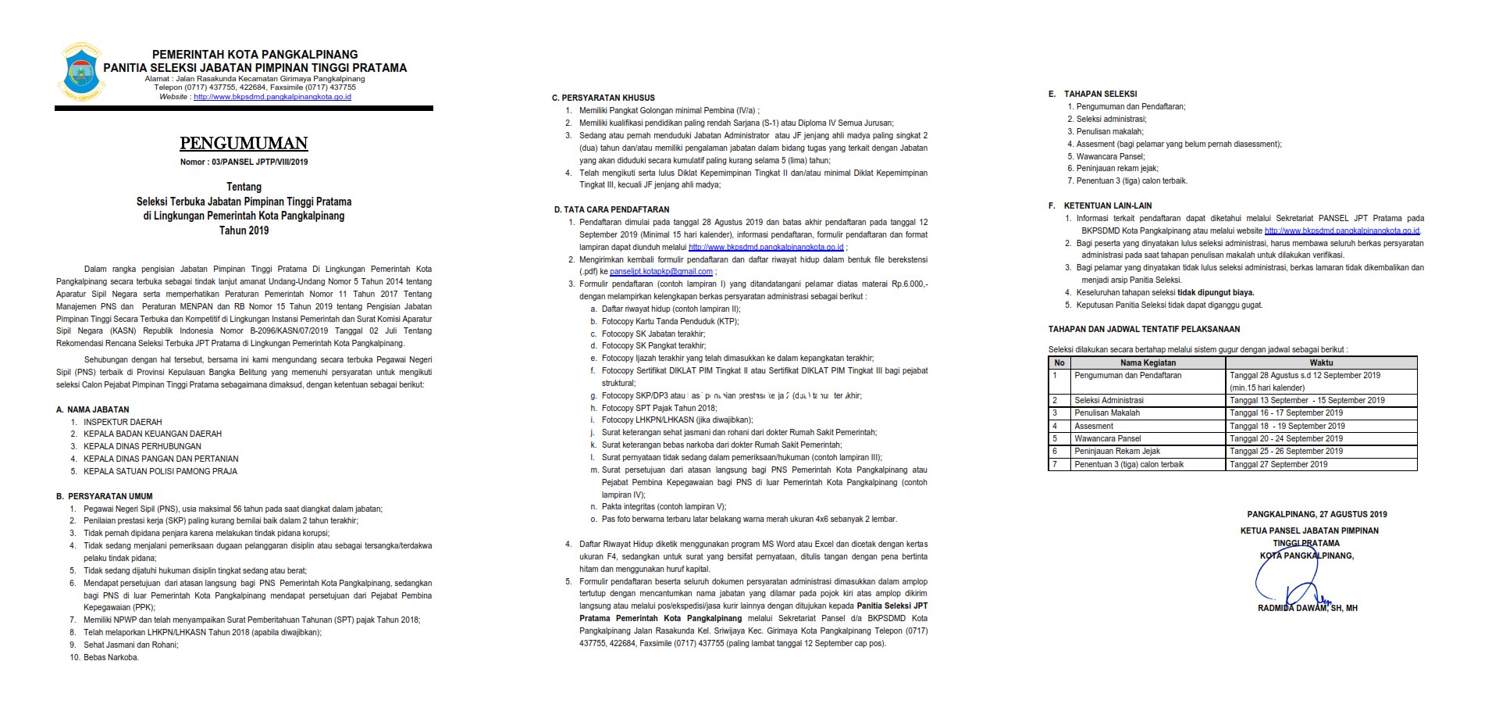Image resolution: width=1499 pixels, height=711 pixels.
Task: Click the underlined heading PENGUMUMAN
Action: point(244,144)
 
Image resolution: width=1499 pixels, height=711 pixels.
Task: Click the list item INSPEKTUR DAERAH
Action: point(123,422)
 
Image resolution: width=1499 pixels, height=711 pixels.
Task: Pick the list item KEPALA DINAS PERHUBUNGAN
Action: point(142,446)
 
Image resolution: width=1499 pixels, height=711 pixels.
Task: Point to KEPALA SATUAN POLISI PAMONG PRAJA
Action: point(160,471)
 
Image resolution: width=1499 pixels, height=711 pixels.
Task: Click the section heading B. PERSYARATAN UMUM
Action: point(105,496)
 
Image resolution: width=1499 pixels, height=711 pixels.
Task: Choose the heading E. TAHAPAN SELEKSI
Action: point(1092,94)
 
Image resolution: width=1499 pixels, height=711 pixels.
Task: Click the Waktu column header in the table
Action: point(1321,363)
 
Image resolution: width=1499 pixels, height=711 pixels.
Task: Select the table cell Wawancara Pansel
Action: point(1107,438)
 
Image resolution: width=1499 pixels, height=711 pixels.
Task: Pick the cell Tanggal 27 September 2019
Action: point(1278,464)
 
